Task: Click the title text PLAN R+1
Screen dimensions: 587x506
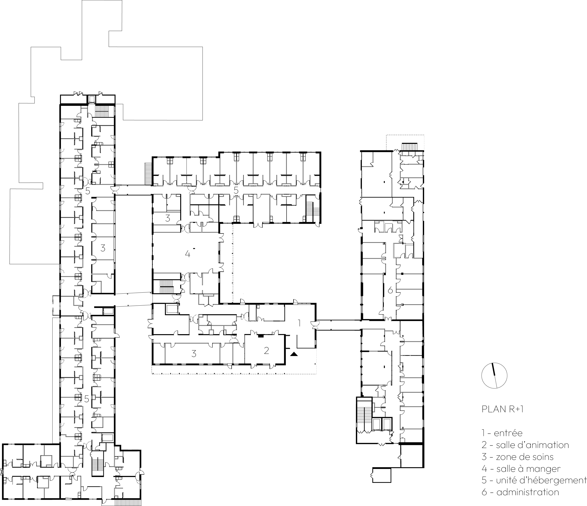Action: click(503, 409)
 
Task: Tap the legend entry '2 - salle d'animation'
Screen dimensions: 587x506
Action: click(525, 445)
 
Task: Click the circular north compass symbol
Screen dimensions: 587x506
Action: click(494, 375)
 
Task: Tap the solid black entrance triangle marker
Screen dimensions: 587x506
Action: click(294, 354)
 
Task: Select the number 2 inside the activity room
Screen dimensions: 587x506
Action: click(266, 351)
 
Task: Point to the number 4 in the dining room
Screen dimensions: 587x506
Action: click(188, 254)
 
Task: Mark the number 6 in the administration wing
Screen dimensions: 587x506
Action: click(390, 290)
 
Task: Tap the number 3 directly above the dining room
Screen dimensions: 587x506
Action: click(168, 218)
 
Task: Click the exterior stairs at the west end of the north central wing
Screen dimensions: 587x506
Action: click(148, 174)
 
